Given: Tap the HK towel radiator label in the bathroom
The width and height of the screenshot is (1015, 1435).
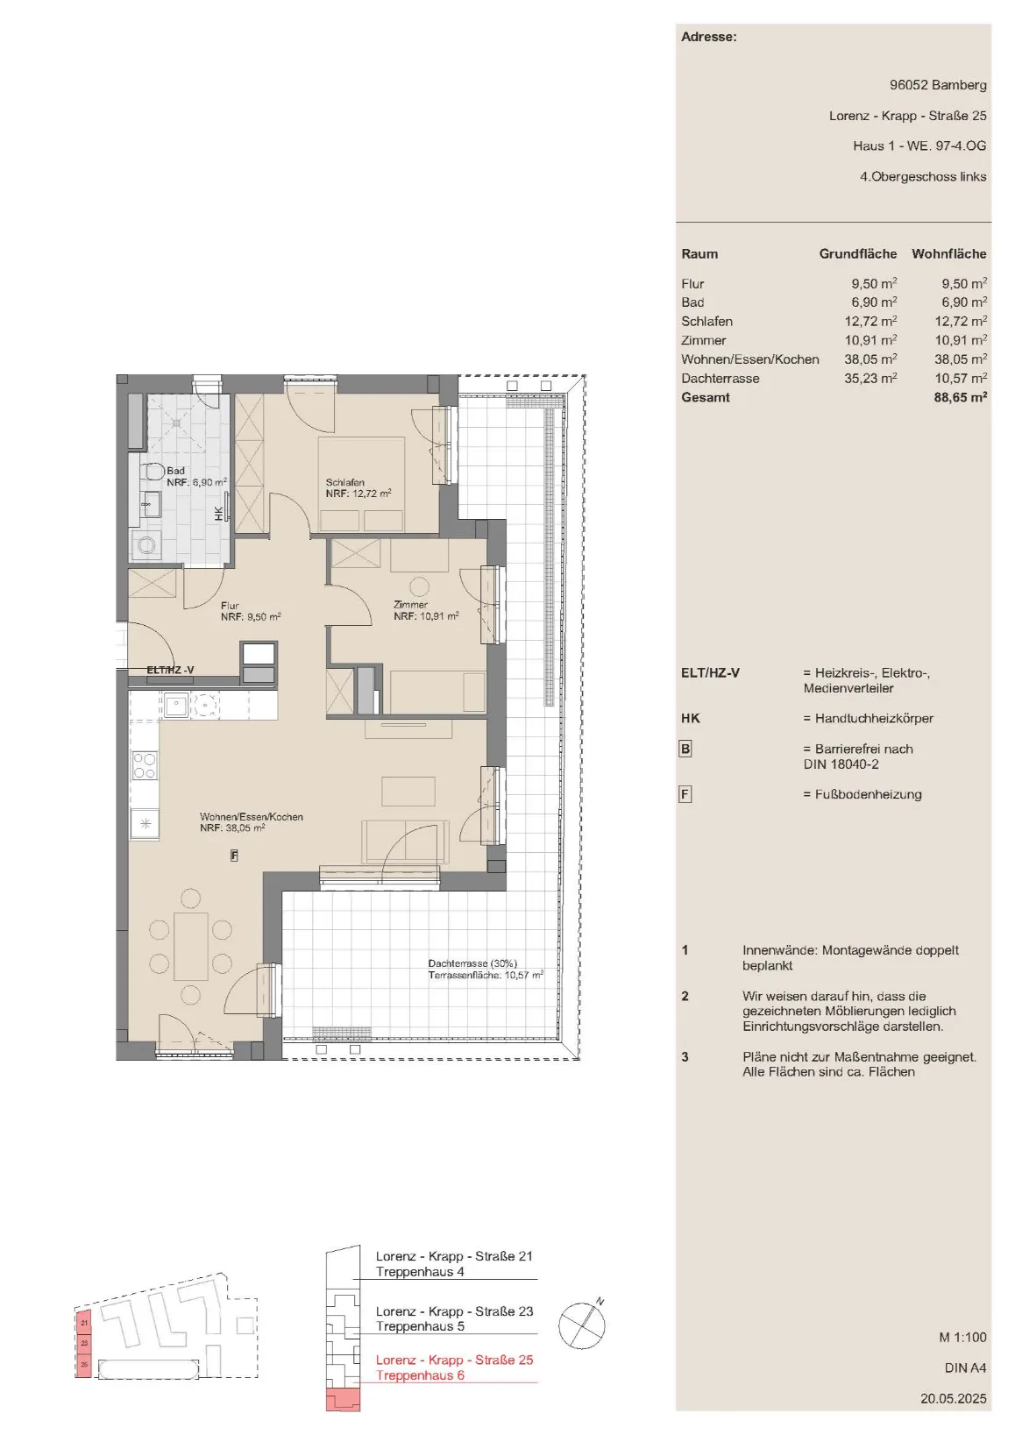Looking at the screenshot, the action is point(219,513).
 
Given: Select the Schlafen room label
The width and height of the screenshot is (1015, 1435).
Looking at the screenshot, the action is point(344,482).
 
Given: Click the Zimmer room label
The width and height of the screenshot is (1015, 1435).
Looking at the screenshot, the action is point(410,604).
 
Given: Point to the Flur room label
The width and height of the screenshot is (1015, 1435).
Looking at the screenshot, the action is point(230,606).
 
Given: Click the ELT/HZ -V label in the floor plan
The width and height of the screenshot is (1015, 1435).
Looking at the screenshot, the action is point(170,670).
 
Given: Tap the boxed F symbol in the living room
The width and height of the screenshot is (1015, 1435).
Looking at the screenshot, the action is point(234,856).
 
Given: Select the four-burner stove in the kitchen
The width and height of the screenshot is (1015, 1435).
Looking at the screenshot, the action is point(144,765).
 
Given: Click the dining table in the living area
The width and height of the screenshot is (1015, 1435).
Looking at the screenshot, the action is point(190,946).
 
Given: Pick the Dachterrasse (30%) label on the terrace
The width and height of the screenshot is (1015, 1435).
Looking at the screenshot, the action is point(472,963).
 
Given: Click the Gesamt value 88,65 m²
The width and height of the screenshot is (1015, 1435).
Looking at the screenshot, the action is point(960,397).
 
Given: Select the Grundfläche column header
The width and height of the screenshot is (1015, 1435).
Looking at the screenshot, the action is point(857,253).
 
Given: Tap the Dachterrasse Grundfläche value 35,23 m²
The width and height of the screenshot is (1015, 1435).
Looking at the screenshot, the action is point(870,378).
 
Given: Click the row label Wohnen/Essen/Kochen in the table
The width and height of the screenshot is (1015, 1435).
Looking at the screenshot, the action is point(750,359).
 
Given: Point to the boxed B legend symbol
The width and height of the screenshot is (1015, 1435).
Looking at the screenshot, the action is point(685,749).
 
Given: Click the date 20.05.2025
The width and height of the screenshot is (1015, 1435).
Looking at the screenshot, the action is point(954,1398).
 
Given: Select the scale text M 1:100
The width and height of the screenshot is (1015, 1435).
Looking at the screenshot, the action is point(962,1337).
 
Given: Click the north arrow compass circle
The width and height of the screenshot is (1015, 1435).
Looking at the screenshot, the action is point(581,1326).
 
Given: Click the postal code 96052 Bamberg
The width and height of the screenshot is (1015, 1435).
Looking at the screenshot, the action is point(938,84).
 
